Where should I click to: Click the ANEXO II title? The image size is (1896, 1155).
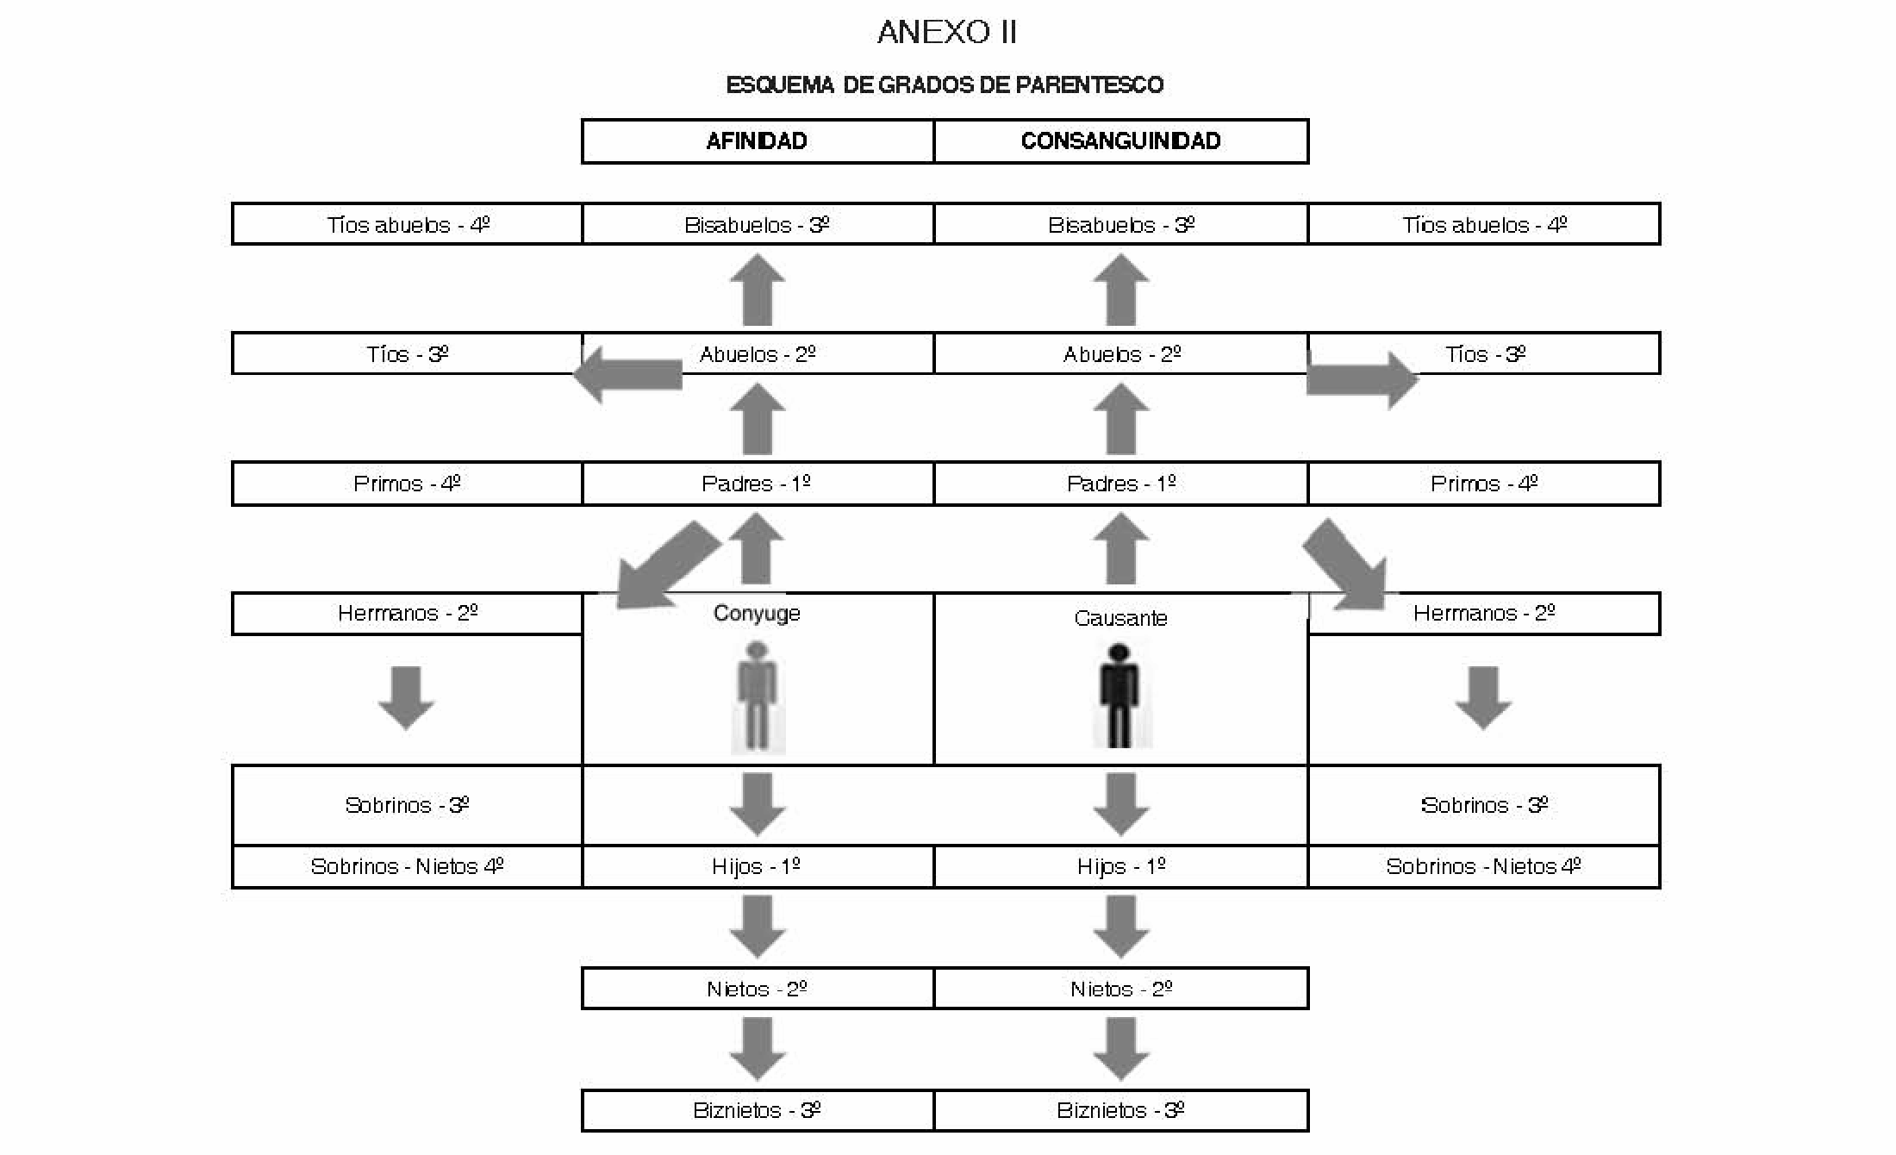[947, 32]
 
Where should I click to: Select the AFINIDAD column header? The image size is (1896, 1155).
[758, 141]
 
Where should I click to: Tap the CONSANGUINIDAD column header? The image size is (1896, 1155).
[1121, 141]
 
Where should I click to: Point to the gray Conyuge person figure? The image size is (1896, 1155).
[757, 696]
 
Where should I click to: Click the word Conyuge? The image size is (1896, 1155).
[757, 614]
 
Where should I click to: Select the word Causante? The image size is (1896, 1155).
[1120, 618]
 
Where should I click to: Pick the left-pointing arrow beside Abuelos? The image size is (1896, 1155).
[627, 374]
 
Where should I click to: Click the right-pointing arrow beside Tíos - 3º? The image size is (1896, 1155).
[1363, 379]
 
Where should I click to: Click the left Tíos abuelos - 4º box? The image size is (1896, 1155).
[408, 224]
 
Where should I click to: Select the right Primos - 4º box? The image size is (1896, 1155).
[1484, 484]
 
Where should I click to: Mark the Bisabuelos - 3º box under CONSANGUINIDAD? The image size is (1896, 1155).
[1121, 224]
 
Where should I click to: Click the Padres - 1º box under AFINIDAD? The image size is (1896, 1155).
[758, 484]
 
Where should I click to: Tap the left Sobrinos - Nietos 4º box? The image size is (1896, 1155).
[408, 866]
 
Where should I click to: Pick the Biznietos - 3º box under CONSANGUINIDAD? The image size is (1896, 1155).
[1121, 1110]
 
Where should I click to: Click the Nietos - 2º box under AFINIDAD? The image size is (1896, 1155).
[758, 989]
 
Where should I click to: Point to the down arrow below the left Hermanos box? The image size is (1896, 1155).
[406, 698]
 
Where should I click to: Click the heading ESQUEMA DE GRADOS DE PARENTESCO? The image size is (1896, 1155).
[945, 84]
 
